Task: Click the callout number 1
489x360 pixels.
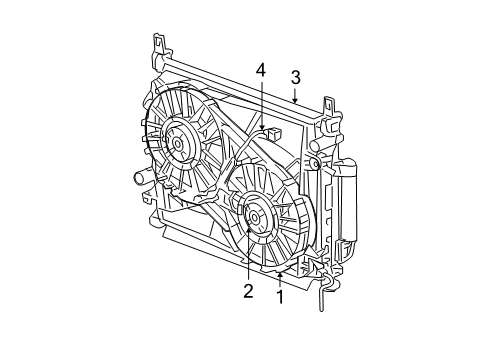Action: [280, 297]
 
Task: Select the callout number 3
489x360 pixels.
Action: [296, 77]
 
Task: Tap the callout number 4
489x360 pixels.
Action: [260, 70]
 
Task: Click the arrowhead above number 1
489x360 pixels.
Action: [280, 272]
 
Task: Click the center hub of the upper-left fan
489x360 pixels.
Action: [178, 143]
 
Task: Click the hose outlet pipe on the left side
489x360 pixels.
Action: [138, 180]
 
